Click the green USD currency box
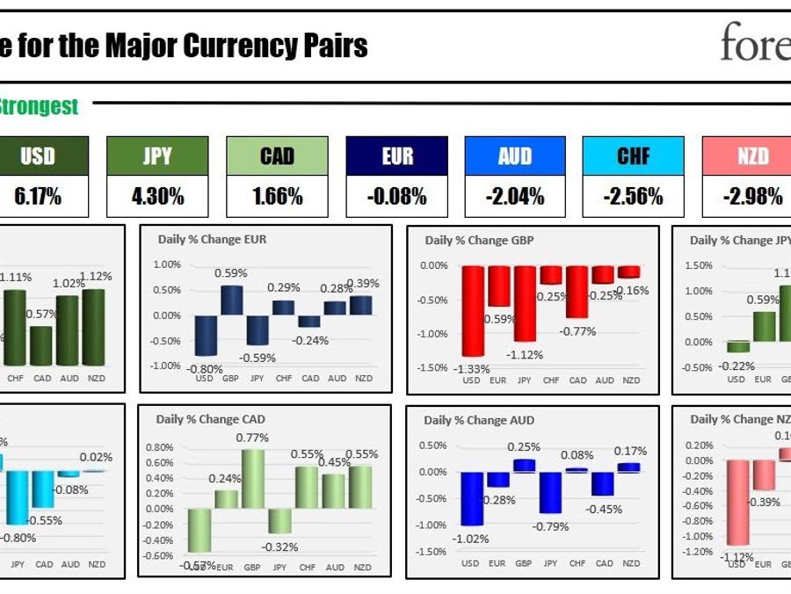(x=37, y=156)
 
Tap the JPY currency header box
(x=157, y=156)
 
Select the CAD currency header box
(x=277, y=156)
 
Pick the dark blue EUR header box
(x=397, y=156)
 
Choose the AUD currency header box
(x=515, y=156)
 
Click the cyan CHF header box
(x=633, y=156)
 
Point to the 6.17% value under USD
(x=37, y=197)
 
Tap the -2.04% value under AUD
(x=515, y=197)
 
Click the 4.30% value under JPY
(x=157, y=197)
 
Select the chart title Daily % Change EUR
(x=212, y=239)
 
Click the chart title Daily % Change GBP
(x=479, y=240)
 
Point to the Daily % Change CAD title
(x=210, y=419)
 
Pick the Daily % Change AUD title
(x=478, y=420)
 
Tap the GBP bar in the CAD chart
(x=253, y=479)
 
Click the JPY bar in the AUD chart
(x=551, y=492)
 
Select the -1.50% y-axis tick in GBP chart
(x=434, y=368)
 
